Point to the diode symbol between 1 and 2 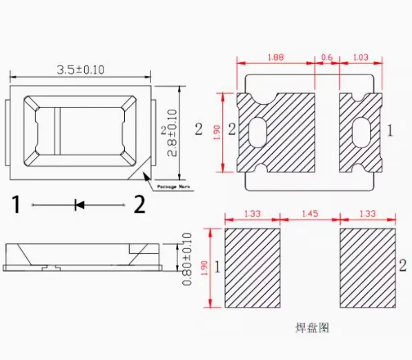79,204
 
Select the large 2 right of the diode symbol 139,204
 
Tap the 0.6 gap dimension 327,57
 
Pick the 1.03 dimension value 360,57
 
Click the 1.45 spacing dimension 310,214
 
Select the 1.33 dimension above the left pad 253,214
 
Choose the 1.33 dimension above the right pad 367,214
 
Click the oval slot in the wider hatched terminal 255,131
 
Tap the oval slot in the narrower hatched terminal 360,131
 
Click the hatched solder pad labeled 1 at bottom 253,268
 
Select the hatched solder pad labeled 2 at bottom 367,268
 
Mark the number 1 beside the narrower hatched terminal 391,129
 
